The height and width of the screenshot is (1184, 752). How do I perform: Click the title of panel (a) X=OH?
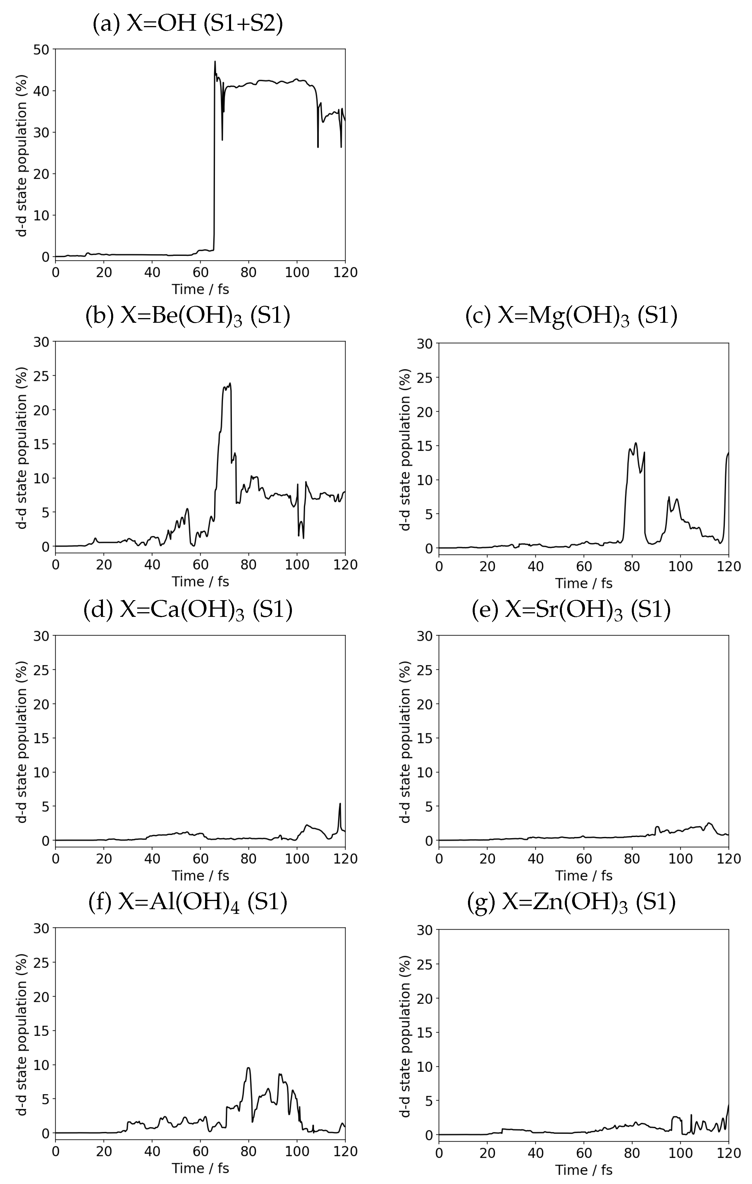(x=188, y=24)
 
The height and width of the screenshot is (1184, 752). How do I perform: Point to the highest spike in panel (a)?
(x=215, y=62)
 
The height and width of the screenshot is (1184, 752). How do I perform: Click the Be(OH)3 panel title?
(x=188, y=316)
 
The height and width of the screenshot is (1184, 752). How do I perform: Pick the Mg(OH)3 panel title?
(x=572, y=316)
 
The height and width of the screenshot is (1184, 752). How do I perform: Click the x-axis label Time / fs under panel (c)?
(x=584, y=583)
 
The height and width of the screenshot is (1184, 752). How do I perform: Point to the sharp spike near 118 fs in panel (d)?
(x=340, y=804)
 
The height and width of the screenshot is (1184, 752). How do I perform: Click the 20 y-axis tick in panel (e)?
(x=425, y=704)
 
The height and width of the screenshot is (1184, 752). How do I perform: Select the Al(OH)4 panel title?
(x=188, y=902)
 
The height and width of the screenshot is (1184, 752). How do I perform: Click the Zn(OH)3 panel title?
(x=572, y=902)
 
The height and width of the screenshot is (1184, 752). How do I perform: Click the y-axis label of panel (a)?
(x=22, y=155)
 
